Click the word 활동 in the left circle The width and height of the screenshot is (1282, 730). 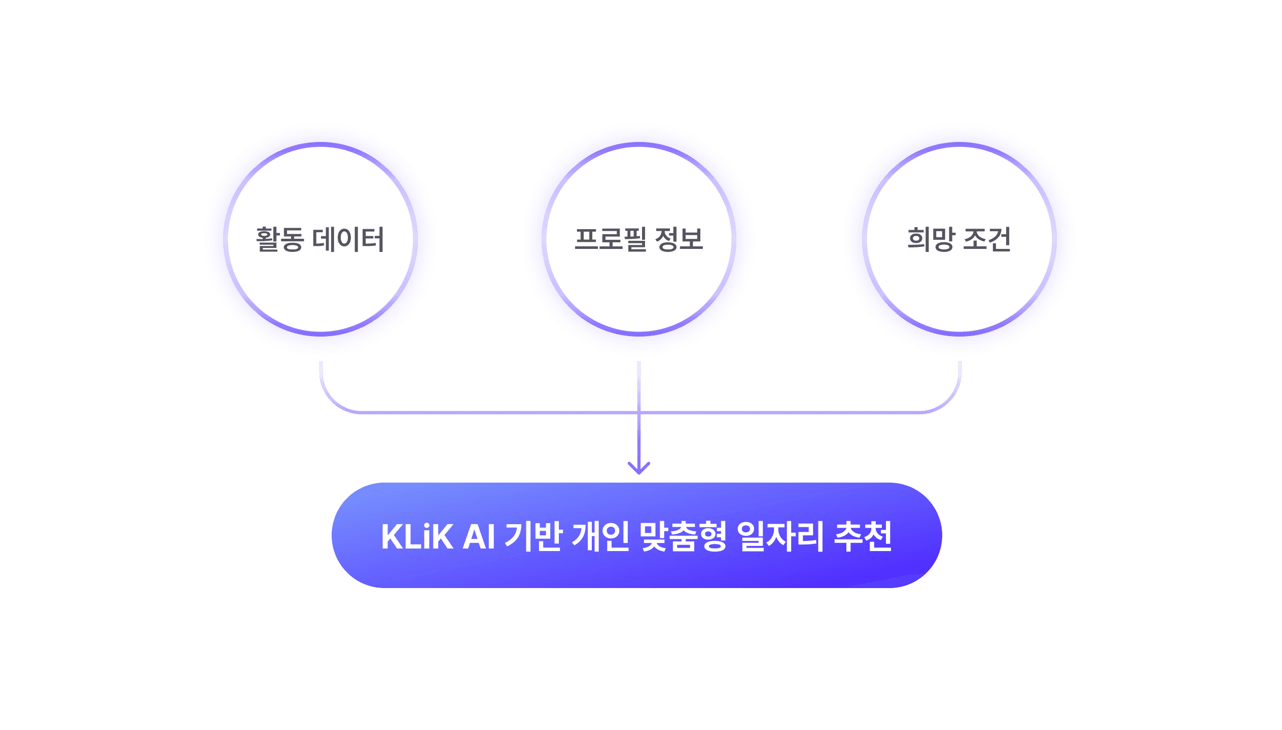(x=279, y=239)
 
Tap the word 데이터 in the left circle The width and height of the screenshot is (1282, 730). (x=348, y=239)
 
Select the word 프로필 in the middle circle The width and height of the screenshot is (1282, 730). (x=610, y=239)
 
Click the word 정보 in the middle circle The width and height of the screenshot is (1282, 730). (x=679, y=239)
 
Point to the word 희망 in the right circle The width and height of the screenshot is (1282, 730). (x=931, y=239)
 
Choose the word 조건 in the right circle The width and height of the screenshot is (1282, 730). (x=987, y=239)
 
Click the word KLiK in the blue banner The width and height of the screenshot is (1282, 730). (x=417, y=536)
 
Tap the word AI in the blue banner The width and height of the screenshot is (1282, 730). (x=479, y=536)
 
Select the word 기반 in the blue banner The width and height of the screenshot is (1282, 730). (x=533, y=536)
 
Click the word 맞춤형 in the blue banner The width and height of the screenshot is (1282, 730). (x=683, y=536)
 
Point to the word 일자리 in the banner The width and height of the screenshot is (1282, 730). (x=781, y=536)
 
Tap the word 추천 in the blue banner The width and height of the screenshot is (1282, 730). (x=863, y=536)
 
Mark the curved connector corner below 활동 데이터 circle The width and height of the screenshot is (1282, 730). (x=332, y=401)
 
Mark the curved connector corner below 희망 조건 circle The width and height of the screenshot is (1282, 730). (x=948, y=401)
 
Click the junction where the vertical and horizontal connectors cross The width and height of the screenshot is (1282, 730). (x=639, y=412)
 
